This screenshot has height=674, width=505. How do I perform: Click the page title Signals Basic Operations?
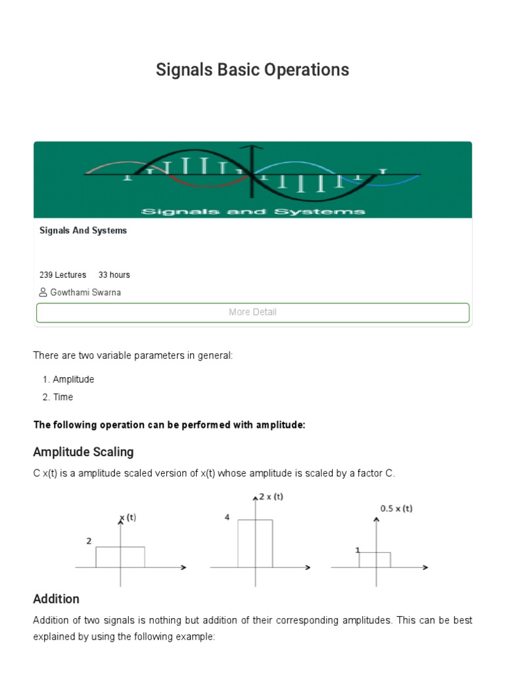click(x=252, y=70)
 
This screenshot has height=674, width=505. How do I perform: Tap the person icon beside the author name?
click(x=43, y=292)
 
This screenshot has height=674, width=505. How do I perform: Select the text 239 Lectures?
click(x=62, y=275)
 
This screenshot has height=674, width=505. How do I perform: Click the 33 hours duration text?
click(x=114, y=275)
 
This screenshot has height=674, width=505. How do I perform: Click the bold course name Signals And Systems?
click(x=83, y=231)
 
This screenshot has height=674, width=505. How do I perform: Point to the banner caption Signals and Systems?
click(x=252, y=211)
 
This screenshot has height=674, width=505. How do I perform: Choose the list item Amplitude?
click(x=73, y=380)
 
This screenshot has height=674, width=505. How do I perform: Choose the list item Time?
click(x=63, y=398)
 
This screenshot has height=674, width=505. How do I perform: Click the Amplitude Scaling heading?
click(x=84, y=452)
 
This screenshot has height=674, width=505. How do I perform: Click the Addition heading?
click(x=56, y=599)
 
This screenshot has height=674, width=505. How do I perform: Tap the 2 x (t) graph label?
click(x=271, y=497)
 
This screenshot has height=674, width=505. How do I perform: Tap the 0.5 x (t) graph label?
click(x=397, y=509)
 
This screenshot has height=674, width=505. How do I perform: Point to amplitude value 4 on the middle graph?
click(x=227, y=518)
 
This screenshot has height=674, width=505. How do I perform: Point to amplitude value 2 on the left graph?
click(x=88, y=541)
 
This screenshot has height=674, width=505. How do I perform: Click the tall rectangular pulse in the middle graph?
click(x=255, y=543)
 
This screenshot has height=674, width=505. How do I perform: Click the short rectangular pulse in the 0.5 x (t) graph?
click(x=375, y=559)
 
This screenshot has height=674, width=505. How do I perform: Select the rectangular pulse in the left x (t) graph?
click(x=120, y=557)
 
